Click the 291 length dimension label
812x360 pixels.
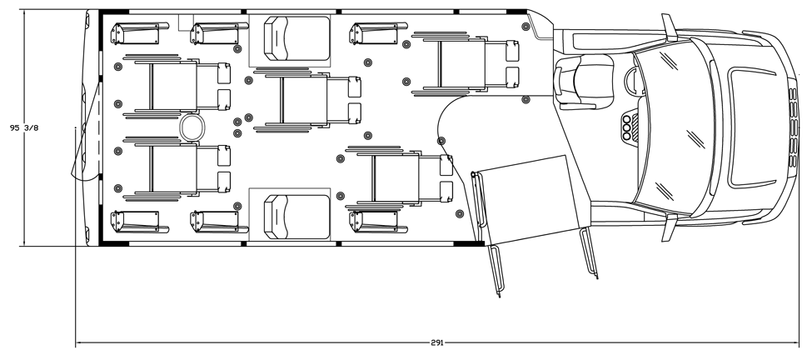pyautogui.click(x=436, y=342)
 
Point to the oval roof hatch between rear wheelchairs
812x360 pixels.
pyautogui.click(x=192, y=127)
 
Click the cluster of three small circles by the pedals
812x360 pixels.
pyautogui.click(x=626, y=128)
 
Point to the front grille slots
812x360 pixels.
pyautogui.click(x=792, y=126)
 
